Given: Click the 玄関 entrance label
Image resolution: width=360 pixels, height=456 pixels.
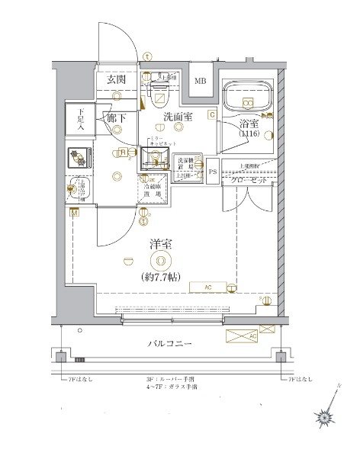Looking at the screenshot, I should click(116, 80).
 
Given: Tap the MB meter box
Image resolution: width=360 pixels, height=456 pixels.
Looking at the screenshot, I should click(198, 82).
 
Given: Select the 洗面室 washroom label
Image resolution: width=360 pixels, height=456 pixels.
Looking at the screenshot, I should click(178, 117).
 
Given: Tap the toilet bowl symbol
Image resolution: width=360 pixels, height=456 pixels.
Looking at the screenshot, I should click(160, 95).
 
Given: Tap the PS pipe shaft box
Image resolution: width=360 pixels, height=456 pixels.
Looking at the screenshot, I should click(213, 172).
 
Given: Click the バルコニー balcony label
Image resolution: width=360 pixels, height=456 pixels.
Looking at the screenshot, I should click(169, 345).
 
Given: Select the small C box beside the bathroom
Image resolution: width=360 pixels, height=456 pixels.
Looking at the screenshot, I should click(213, 114).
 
